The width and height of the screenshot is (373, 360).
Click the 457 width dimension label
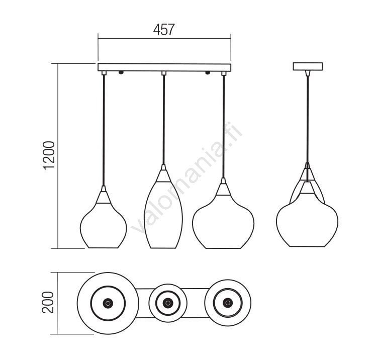coord(164,30)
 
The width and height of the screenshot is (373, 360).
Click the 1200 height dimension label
coord(49,155)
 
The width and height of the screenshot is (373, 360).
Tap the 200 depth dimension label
coord(48,302)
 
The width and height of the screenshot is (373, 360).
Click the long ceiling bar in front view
coord(164,67)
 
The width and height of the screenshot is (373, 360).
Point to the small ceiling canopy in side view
coord(308,66)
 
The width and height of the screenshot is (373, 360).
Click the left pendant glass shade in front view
coord(103,226)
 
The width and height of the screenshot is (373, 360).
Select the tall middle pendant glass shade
coord(164,215)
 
